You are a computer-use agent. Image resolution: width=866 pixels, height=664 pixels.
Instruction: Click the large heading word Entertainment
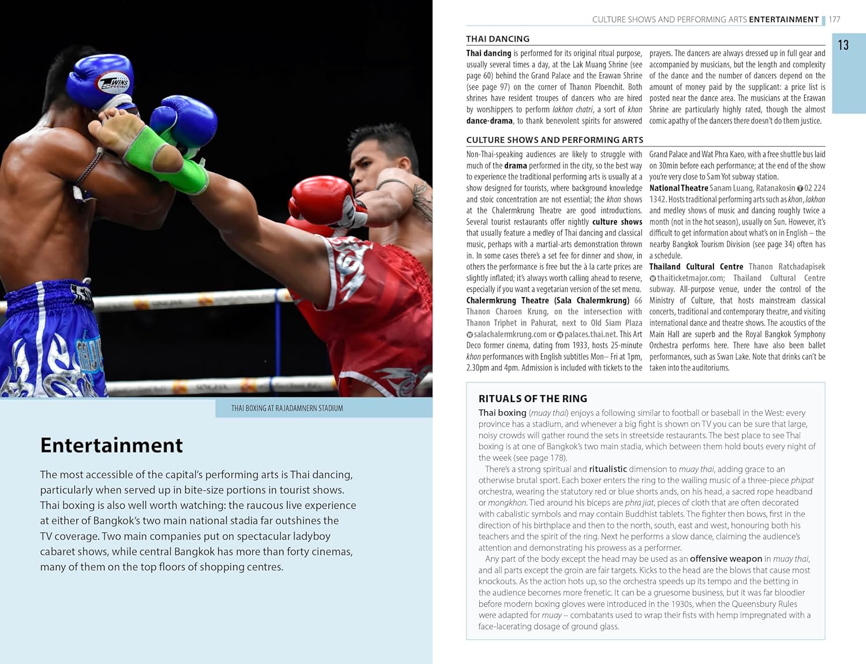click(111, 445)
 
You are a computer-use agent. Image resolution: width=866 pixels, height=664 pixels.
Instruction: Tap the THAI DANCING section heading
click(498, 39)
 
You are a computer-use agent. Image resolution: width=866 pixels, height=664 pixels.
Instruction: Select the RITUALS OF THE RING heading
click(532, 399)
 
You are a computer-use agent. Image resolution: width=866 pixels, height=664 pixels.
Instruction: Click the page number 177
click(834, 20)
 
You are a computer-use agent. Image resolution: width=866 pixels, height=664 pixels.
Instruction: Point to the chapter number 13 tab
click(843, 45)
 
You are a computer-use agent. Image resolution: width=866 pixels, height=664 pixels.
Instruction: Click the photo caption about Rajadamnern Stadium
click(287, 408)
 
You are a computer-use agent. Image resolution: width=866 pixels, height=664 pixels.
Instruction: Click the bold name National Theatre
click(678, 188)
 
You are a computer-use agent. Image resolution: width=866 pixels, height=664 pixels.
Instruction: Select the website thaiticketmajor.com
click(690, 278)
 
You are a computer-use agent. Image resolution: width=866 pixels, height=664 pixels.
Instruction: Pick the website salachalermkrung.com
click(510, 334)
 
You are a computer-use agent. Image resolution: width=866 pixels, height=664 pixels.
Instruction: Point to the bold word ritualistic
click(607, 469)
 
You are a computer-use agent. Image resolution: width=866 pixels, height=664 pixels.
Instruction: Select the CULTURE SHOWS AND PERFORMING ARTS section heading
click(554, 140)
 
